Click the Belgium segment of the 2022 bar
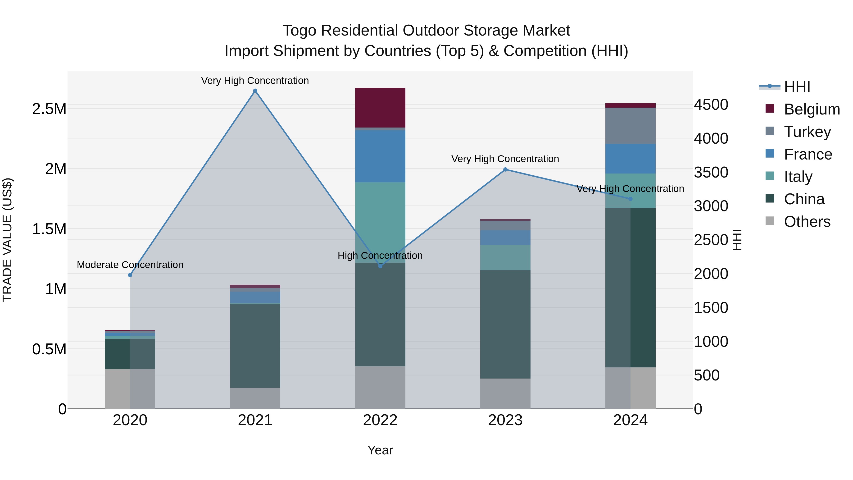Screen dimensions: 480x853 pos(380,108)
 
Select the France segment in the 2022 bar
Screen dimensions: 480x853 pos(380,156)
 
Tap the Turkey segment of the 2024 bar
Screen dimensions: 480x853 pos(630,126)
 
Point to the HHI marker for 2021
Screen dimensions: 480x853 pos(255,91)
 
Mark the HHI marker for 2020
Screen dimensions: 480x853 pos(130,275)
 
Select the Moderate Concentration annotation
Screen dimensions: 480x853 pos(130,265)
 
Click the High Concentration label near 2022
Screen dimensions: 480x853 pos(380,255)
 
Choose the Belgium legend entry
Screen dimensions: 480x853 pos(812,109)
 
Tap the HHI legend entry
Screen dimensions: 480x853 pos(797,87)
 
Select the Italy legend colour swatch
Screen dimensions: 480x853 pos(770,176)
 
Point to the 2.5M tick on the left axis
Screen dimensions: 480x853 pos(49,109)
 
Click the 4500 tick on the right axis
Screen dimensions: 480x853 pos(711,105)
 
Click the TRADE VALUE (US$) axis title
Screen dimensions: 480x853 pos(7,240)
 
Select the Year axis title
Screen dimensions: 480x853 pos(380,450)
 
